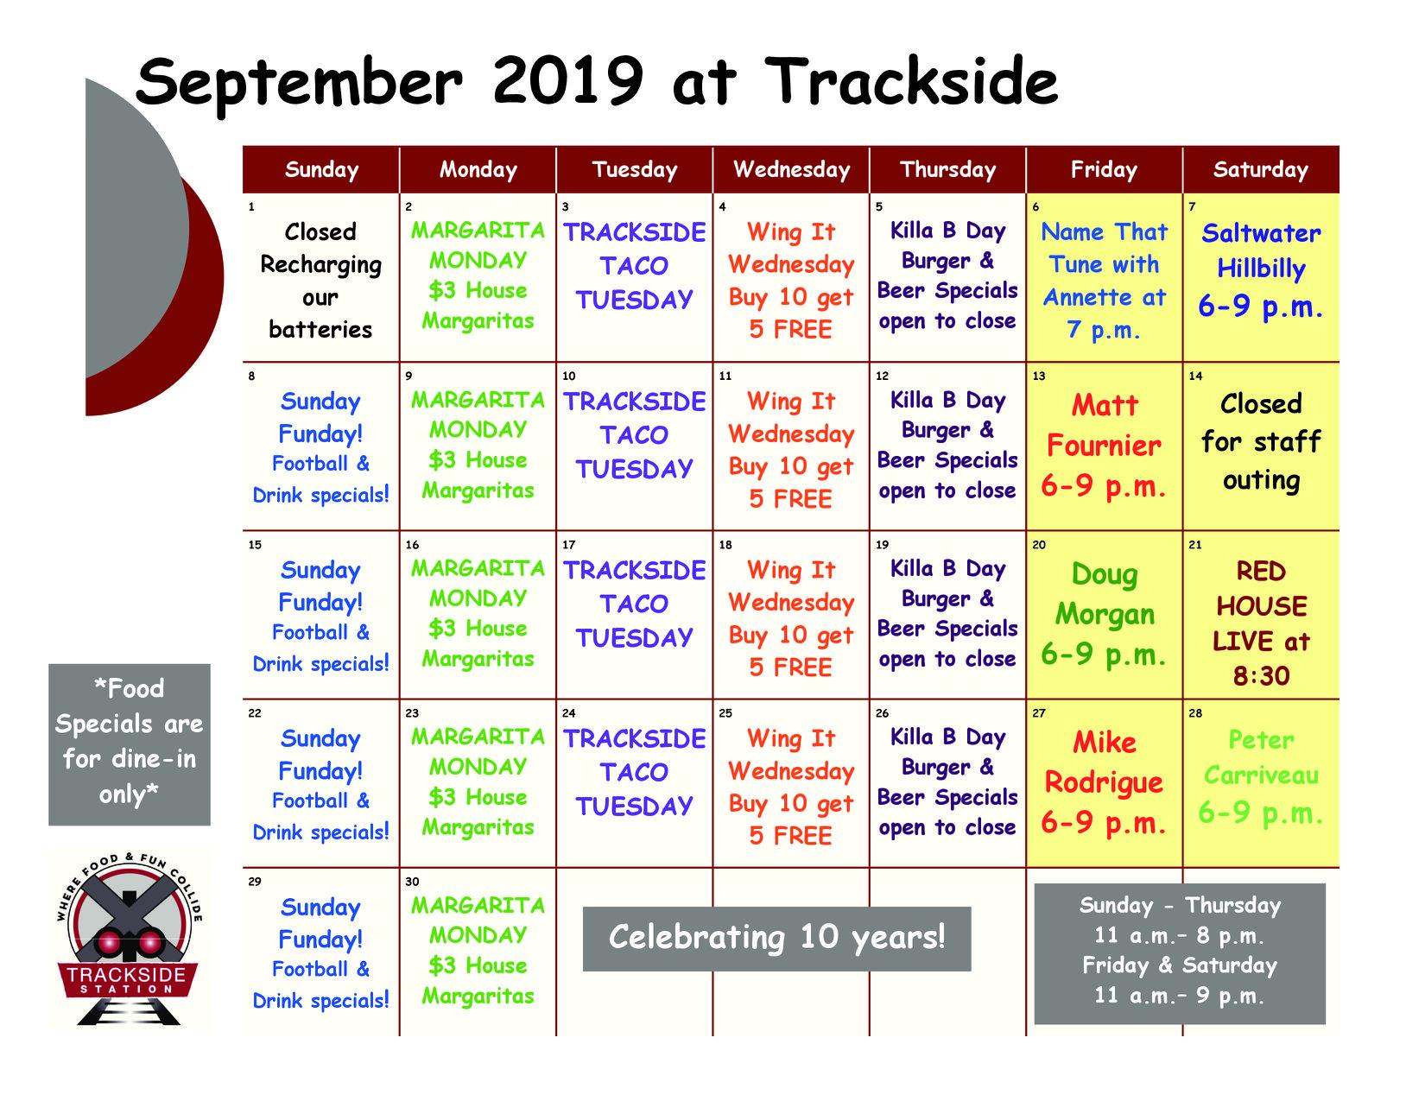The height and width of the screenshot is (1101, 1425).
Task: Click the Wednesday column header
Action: point(791,170)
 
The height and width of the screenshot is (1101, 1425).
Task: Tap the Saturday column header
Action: point(1260,170)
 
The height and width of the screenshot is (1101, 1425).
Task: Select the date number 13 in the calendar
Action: point(1039,376)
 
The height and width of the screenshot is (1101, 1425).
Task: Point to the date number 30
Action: point(412,882)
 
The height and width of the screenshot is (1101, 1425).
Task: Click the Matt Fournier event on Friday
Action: point(1104,446)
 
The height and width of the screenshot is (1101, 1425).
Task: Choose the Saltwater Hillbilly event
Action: point(1260,270)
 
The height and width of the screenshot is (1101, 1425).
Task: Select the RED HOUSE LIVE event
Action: point(1260,623)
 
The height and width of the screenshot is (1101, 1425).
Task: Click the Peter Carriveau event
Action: point(1260,777)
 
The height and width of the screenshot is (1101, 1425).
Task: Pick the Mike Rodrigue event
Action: point(1104,782)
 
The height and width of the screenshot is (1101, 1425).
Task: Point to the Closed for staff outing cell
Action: point(1260,442)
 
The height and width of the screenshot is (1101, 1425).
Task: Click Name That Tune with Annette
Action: point(1105,281)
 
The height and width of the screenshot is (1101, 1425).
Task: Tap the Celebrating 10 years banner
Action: point(776,939)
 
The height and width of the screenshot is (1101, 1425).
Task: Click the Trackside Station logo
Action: point(129,938)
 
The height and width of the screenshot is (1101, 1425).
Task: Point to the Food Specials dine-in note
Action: point(130,744)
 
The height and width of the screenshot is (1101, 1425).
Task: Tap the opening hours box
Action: point(1180,953)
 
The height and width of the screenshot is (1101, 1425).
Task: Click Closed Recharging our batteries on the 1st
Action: point(320,281)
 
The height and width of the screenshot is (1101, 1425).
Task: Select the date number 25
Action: point(725,712)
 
